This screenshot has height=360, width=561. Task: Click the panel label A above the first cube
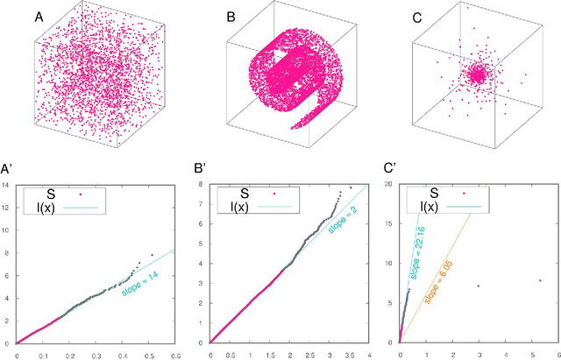coord(39,17)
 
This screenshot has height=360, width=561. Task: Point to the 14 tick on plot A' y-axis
coord(7,185)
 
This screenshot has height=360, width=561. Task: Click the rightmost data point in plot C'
coord(539,281)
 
